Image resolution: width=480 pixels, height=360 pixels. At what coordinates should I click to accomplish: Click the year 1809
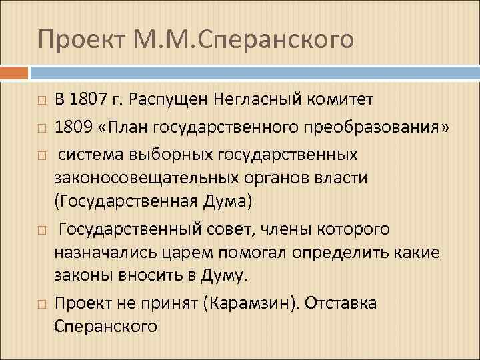(71, 127)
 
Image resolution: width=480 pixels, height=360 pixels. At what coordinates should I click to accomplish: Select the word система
(92, 155)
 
